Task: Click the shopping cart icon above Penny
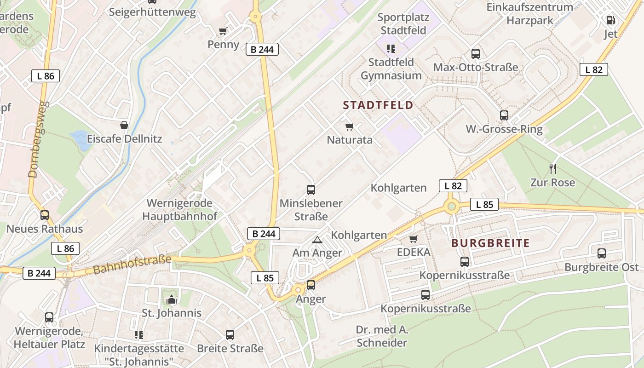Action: click(223, 31)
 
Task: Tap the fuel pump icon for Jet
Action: click(610, 20)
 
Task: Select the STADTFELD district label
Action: click(378, 105)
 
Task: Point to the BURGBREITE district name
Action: click(490, 243)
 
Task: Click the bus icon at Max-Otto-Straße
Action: click(476, 53)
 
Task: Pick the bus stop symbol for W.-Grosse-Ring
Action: click(504, 115)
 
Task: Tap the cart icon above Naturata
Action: click(350, 126)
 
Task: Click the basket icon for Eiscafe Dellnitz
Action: click(124, 125)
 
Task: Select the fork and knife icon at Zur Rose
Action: click(552, 169)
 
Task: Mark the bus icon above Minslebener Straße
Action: click(311, 190)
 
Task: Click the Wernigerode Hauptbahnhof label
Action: click(179, 210)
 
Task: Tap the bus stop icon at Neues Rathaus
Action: click(45, 215)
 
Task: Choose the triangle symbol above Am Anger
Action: click(317, 240)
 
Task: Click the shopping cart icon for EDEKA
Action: click(414, 239)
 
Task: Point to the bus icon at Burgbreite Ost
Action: click(602, 253)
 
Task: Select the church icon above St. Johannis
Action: click(172, 299)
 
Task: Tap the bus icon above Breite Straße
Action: click(230, 334)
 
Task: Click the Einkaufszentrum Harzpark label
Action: click(529, 14)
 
